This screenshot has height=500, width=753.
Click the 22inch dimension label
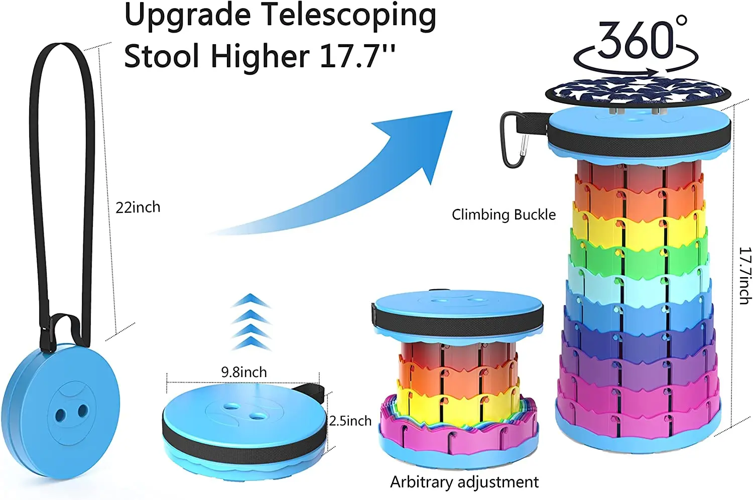tap(138, 207)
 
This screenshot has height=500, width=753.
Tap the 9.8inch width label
tap(244, 372)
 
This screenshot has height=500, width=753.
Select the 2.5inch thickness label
tap(350, 421)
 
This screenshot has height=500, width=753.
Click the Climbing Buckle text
tap(504, 215)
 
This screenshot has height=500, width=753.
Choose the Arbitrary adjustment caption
tap(464, 482)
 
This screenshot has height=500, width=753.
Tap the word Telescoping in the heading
tap(347, 16)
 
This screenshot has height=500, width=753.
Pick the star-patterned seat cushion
tap(638, 92)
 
